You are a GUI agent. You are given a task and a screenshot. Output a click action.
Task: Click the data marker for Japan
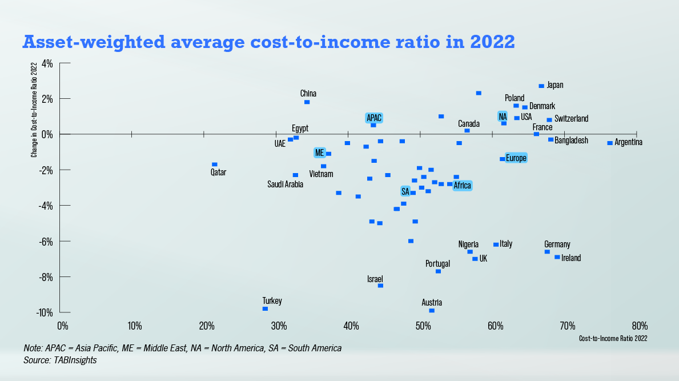click(x=541, y=86)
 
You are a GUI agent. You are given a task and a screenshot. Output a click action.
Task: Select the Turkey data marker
click(x=265, y=308)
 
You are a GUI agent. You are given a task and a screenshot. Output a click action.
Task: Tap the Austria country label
click(x=432, y=302)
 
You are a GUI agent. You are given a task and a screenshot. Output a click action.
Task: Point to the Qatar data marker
click(x=215, y=165)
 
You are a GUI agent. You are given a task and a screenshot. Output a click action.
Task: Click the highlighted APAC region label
click(x=374, y=118)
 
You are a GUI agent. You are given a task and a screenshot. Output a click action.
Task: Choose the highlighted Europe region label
click(x=516, y=158)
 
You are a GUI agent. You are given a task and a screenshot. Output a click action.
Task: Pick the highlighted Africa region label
click(x=462, y=186)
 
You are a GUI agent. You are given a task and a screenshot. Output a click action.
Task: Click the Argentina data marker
click(x=610, y=143)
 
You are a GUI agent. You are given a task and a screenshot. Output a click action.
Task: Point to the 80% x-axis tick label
click(x=639, y=326)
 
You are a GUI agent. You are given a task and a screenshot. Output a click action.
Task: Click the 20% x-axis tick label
click(x=206, y=326)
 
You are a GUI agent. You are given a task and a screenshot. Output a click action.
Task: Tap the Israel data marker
click(x=380, y=286)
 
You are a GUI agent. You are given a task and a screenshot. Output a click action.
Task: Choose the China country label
click(x=308, y=94)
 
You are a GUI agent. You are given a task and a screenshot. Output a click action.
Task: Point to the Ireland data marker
click(x=557, y=257)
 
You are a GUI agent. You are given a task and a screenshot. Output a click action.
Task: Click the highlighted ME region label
click(x=319, y=153)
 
